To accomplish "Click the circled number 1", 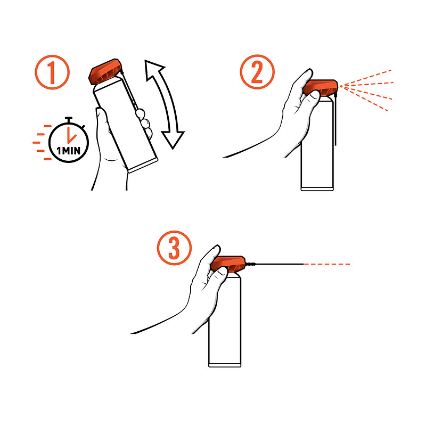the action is (x=52, y=72).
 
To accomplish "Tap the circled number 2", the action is (x=257, y=72).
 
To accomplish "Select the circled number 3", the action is (x=174, y=248).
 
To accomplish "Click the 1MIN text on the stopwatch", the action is (x=69, y=150).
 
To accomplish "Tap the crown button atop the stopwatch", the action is (x=69, y=119).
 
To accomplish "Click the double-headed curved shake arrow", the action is (x=164, y=104).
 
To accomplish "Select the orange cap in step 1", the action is (x=105, y=71).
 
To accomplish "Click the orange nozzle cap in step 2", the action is (x=321, y=88).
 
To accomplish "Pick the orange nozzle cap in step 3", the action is (x=228, y=264).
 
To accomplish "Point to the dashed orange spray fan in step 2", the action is (x=366, y=89).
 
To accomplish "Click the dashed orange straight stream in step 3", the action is (x=326, y=264).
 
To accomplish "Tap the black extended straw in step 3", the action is (x=274, y=264).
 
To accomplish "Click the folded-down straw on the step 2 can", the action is (x=336, y=119).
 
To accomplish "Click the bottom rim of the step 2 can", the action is (x=317, y=189).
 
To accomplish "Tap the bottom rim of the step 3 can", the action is (x=225, y=365).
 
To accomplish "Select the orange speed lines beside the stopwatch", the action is (x=42, y=142).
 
